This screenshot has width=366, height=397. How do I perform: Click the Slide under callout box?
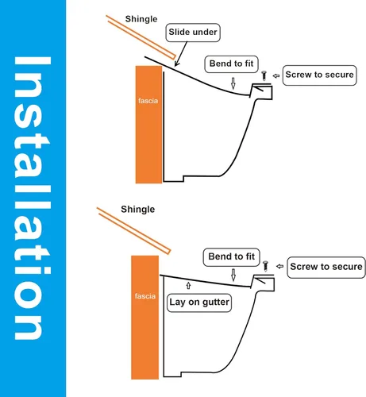point(193,33)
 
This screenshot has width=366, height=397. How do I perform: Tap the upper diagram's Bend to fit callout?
point(231,64)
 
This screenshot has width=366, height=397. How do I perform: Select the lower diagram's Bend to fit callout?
point(232,257)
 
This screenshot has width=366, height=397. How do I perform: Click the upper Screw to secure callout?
point(320,75)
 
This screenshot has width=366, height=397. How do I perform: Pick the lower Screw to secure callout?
point(326,267)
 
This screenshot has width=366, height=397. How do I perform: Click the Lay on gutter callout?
point(199,303)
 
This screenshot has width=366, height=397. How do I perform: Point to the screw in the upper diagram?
point(264,75)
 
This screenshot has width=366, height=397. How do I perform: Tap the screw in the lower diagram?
point(266,266)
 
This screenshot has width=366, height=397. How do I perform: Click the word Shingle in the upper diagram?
point(141,19)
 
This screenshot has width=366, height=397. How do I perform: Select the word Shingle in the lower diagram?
point(138,210)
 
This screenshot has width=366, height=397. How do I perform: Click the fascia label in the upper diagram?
point(148,101)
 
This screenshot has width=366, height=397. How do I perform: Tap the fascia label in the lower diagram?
point(145,296)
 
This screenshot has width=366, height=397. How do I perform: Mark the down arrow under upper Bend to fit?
point(233,83)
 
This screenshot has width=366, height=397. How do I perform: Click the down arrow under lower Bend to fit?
point(233,275)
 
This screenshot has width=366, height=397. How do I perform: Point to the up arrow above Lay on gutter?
point(188,286)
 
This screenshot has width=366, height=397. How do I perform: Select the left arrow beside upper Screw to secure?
point(276,76)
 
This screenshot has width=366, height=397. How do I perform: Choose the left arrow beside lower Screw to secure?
point(279,266)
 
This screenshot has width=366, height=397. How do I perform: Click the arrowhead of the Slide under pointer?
point(176,64)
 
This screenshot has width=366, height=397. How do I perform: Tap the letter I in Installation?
point(33,60)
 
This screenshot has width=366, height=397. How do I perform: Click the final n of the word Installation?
point(28,328)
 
